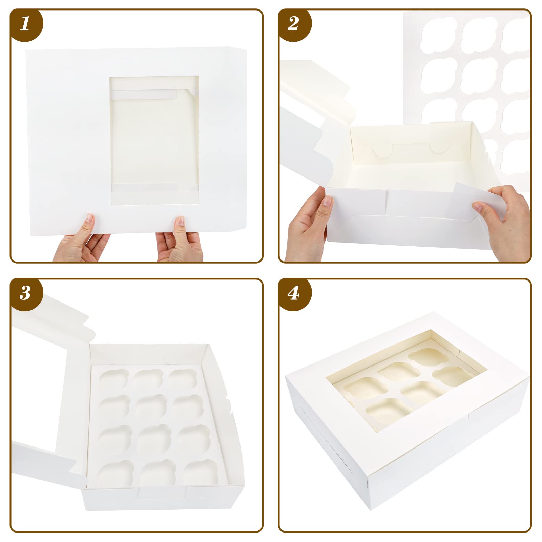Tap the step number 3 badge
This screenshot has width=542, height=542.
[25, 293]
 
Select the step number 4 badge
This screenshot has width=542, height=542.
[293, 293]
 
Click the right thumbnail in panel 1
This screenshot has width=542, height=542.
[181, 221]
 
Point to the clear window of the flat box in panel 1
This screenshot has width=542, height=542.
[154, 141]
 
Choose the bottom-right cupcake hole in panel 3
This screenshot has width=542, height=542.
[201, 472]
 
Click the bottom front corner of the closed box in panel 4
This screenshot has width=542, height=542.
[371, 508]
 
